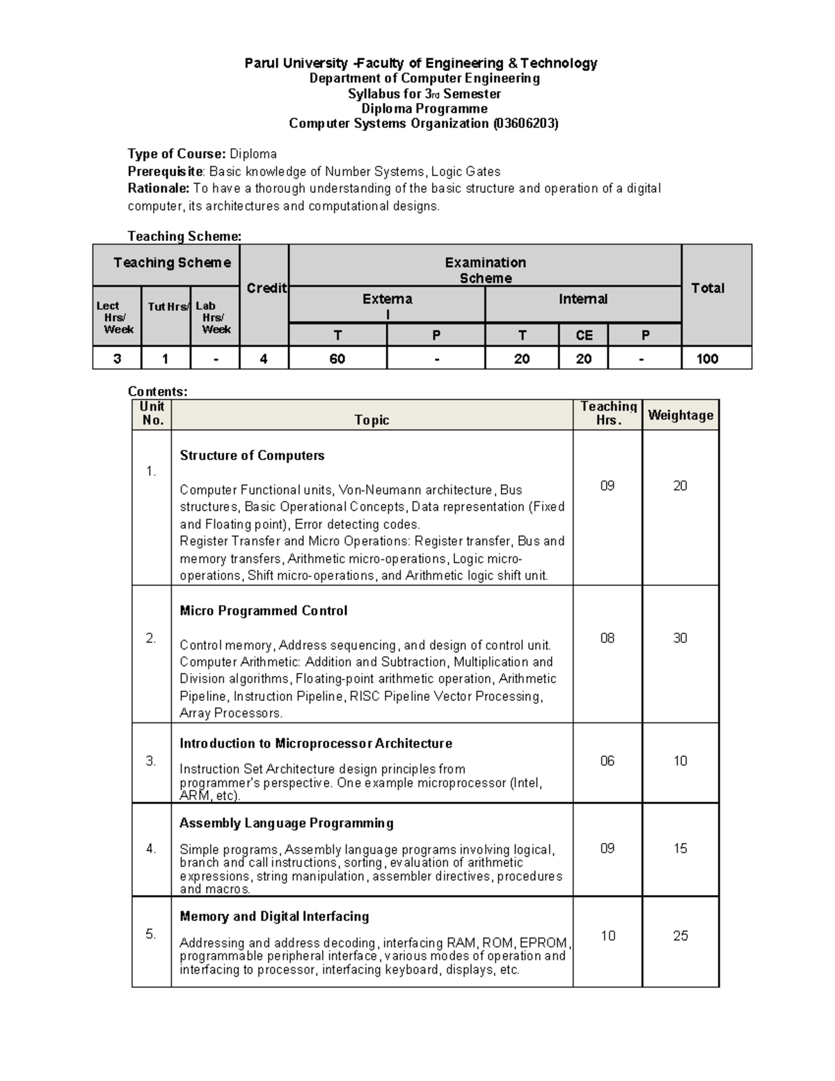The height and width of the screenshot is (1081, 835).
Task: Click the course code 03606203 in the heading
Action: click(525, 124)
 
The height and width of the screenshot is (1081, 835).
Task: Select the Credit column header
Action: click(267, 288)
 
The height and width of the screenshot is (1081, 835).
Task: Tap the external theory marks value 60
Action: click(337, 358)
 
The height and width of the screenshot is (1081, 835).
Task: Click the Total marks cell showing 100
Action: click(708, 358)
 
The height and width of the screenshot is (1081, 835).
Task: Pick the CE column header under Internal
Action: click(584, 336)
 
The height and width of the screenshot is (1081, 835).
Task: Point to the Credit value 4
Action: click(264, 358)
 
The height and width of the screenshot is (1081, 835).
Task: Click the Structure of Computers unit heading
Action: click(252, 455)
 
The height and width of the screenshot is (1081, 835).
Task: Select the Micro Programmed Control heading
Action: click(263, 610)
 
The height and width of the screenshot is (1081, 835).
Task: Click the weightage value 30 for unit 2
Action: click(680, 638)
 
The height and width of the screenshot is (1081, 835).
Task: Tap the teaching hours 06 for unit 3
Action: click(607, 761)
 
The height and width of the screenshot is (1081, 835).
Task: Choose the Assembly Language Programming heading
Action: click(286, 823)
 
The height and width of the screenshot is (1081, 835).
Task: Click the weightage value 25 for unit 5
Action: click(680, 936)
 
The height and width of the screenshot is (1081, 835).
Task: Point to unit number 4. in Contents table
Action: click(151, 849)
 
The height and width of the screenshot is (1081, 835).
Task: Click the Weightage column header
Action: click(681, 416)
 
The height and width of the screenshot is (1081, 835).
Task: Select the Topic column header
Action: click(372, 420)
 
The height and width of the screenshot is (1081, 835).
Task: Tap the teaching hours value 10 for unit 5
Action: click(607, 936)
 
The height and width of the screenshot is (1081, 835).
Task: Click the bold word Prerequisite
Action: click(166, 171)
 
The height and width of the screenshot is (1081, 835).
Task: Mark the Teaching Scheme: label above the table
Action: click(184, 236)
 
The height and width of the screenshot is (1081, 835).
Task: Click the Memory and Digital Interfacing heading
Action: click(274, 916)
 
